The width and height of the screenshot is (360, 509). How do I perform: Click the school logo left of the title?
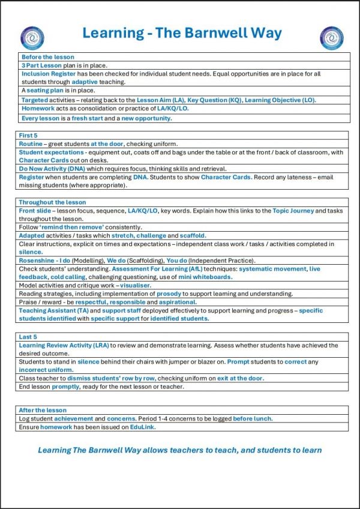coord(32,38)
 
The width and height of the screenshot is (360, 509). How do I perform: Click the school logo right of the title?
coord(331,38)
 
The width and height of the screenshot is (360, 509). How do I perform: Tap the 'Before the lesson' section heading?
coord(47,57)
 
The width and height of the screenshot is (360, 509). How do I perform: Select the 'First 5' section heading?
coord(31,136)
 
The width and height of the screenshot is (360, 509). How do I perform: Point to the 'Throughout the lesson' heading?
coord(52,202)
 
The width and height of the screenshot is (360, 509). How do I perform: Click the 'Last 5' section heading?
coord(30,337)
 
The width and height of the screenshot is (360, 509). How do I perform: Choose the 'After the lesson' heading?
coord(44,410)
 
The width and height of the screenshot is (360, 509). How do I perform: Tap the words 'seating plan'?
coord(46,91)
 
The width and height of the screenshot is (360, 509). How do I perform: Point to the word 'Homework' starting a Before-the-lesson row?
coord(38,109)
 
